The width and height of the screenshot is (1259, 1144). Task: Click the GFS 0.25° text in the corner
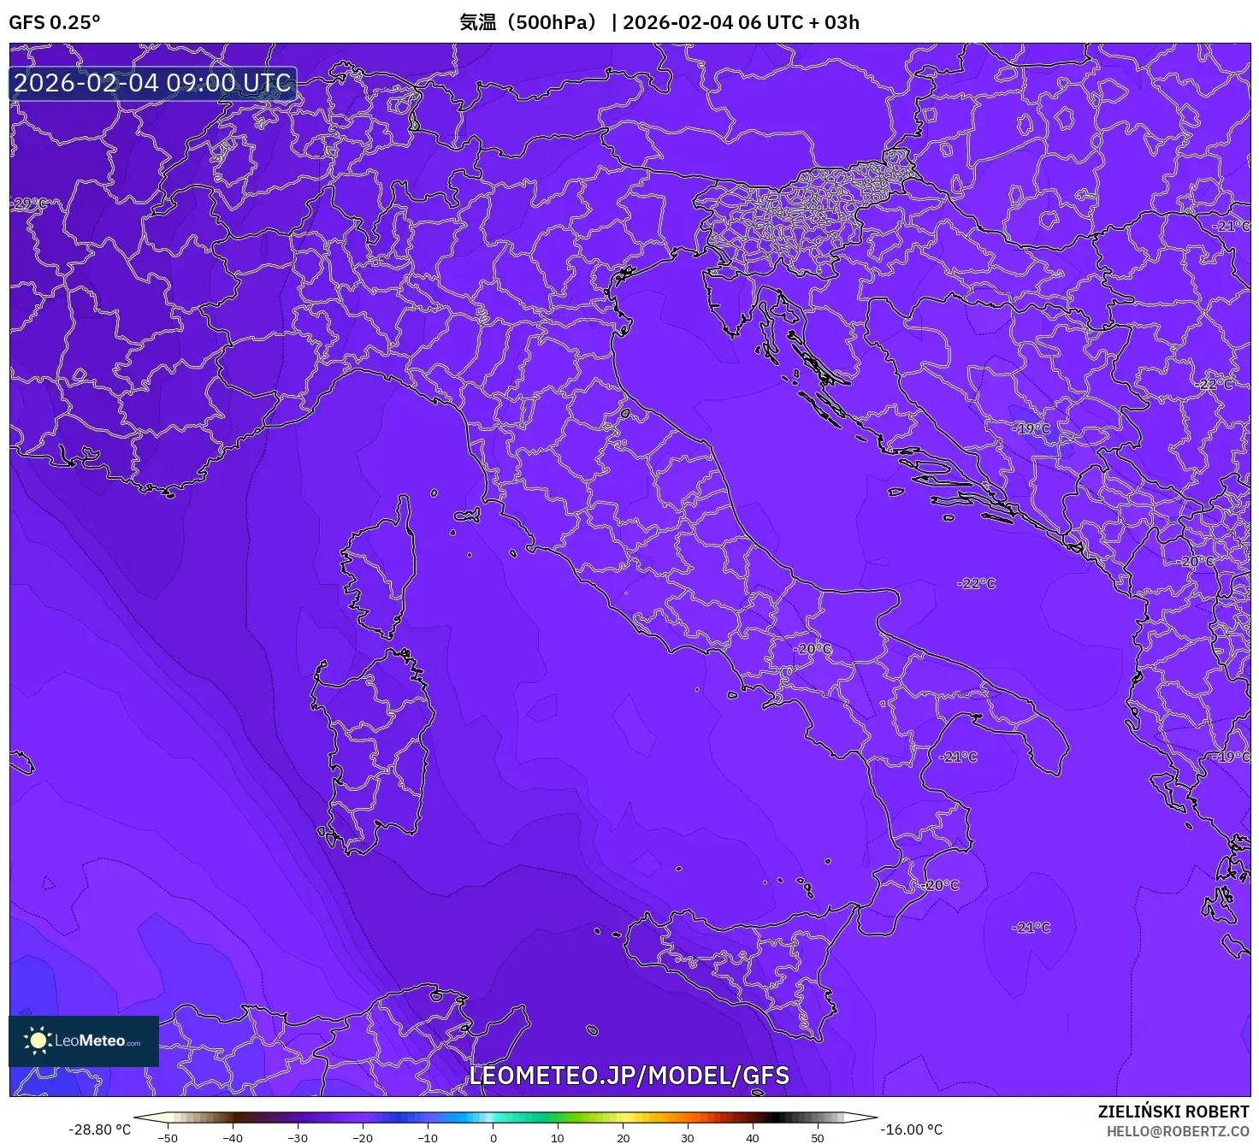click(x=54, y=22)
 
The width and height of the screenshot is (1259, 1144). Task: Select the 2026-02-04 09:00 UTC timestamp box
click(x=152, y=84)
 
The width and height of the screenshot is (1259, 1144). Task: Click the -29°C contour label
click(x=29, y=203)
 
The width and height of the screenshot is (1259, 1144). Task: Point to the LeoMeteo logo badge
click(x=84, y=1041)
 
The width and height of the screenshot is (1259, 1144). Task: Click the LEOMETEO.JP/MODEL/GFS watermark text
click(x=629, y=1076)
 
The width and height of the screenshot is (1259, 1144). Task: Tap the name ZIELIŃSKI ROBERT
click(x=1173, y=1112)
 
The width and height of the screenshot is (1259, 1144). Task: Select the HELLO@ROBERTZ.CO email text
click(x=1178, y=1131)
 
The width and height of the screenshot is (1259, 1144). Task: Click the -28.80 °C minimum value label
click(x=100, y=1129)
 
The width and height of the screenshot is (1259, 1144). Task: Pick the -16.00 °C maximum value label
click(x=912, y=1129)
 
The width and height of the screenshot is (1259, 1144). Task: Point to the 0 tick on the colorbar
click(x=493, y=1138)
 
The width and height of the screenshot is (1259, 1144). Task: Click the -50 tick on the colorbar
click(x=168, y=1138)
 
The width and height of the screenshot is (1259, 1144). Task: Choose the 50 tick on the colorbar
click(x=818, y=1138)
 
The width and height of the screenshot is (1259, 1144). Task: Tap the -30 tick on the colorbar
click(x=298, y=1138)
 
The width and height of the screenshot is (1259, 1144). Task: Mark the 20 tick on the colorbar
click(x=623, y=1138)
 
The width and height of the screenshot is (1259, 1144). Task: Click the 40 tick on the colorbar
click(x=753, y=1138)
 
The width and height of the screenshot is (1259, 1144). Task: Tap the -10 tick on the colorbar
click(x=428, y=1138)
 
